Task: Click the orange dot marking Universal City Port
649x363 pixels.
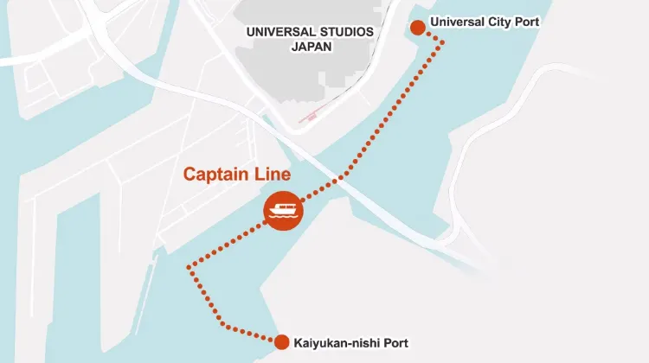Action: click(x=417, y=27)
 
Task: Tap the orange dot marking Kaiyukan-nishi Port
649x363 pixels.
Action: click(x=281, y=342)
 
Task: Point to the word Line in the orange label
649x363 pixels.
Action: click(x=269, y=174)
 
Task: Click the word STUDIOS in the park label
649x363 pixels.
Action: click(x=344, y=32)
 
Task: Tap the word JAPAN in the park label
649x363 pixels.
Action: click(x=310, y=48)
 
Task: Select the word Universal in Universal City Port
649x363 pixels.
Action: click(x=456, y=22)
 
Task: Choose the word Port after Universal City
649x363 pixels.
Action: click(x=525, y=22)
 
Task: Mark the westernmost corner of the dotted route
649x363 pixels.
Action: click(x=189, y=268)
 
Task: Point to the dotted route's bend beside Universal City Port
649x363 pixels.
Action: click(x=444, y=41)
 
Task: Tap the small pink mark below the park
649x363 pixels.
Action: click(x=311, y=116)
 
